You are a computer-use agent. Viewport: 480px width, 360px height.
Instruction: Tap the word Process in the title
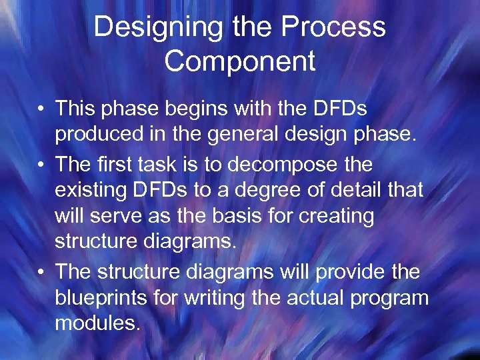tap(333, 28)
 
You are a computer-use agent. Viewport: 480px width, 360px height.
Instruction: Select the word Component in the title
tap(239, 61)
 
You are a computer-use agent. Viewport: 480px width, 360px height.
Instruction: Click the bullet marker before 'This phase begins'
tap(41, 108)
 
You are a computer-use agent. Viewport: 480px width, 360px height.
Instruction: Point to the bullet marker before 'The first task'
tap(41, 163)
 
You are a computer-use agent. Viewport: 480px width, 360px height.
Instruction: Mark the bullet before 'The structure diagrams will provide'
tap(41, 272)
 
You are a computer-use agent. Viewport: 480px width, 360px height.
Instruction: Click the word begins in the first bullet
tap(201, 108)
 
